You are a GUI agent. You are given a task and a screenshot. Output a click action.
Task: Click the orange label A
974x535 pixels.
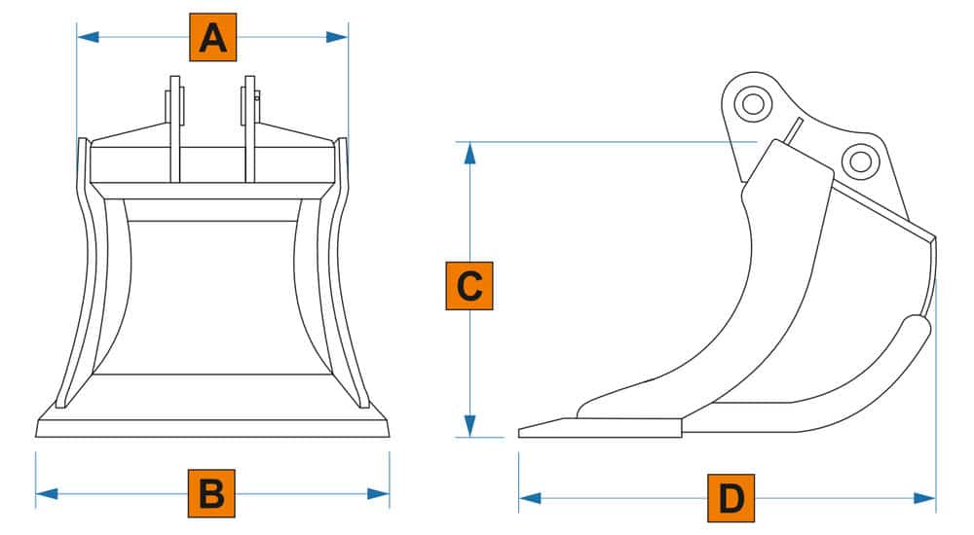pyautogui.click(x=212, y=38)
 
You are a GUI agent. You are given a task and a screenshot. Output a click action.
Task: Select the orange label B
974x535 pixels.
pyautogui.click(x=211, y=493)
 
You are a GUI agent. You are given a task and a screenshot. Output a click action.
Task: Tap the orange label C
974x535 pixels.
pyautogui.click(x=469, y=286)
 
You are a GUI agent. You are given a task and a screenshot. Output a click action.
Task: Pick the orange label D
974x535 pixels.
pyautogui.click(x=731, y=499)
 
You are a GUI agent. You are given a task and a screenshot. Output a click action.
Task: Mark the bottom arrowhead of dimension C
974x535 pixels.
pyautogui.click(x=469, y=426)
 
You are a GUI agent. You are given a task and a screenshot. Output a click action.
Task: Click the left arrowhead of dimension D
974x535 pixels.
pyautogui.click(x=530, y=499)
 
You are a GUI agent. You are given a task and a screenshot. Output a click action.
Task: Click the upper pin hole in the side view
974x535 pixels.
pyautogui.click(x=752, y=103)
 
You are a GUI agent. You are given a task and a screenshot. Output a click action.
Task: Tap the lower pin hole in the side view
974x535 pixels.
pyautogui.click(x=858, y=160)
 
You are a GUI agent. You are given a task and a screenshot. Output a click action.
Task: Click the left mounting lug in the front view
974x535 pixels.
pyautogui.click(x=175, y=126)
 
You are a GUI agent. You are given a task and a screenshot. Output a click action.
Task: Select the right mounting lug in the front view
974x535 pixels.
pyautogui.click(x=250, y=126)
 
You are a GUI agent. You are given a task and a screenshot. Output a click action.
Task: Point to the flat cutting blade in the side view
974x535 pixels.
pyautogui.click(x=599, y=428)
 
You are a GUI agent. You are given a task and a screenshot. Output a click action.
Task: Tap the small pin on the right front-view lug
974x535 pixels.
pyautogui.click(x=257, y=96)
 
